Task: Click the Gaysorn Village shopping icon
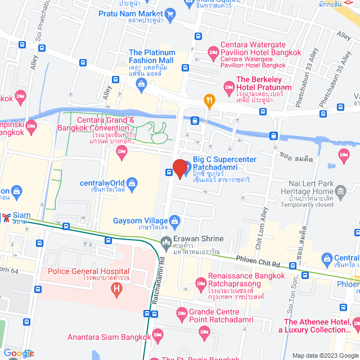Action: (x=175, y=220)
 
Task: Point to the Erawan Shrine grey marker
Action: (x=165, y=243)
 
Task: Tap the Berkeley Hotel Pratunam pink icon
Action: (x=229, y=87)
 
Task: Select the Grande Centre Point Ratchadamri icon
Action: (x=181, y=313)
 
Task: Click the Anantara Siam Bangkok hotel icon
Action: (x=158, y=336)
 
